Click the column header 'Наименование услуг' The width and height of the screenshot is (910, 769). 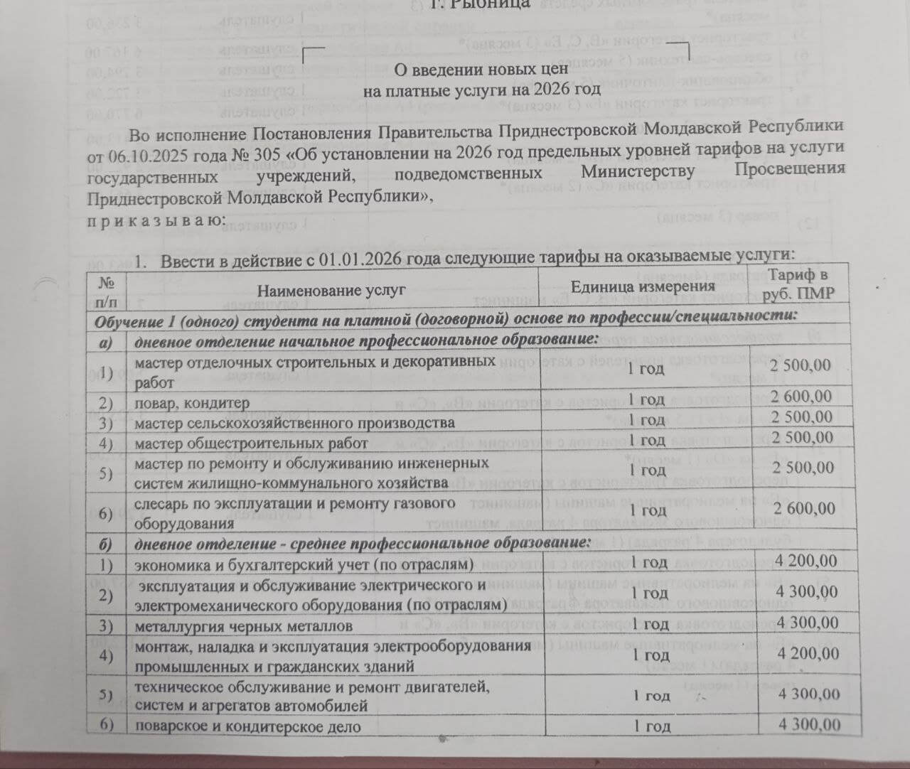point(331,290)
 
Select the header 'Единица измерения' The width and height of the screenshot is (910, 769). point(643,286)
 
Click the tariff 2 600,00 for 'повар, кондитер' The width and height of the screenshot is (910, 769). point(801,396)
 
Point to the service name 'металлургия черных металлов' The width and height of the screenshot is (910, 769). point(243,627)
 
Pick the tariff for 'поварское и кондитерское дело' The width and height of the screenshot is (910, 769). point(809,725)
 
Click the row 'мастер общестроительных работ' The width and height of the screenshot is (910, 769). point(251,443)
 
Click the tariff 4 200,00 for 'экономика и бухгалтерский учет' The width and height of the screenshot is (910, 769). point(807,561)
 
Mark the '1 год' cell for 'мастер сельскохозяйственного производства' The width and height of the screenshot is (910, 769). point(646,420)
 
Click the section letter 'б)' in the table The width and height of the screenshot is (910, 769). point(106,544)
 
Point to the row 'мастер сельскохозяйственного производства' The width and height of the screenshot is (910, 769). point(294,423)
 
